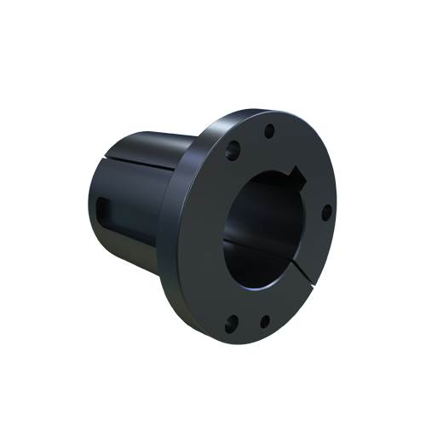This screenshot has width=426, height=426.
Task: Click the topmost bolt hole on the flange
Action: click(x=268, y=131)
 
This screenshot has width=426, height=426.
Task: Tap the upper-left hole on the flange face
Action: click(x=232, y=156)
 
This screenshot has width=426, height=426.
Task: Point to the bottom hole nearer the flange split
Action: click(x=265, y=321)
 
